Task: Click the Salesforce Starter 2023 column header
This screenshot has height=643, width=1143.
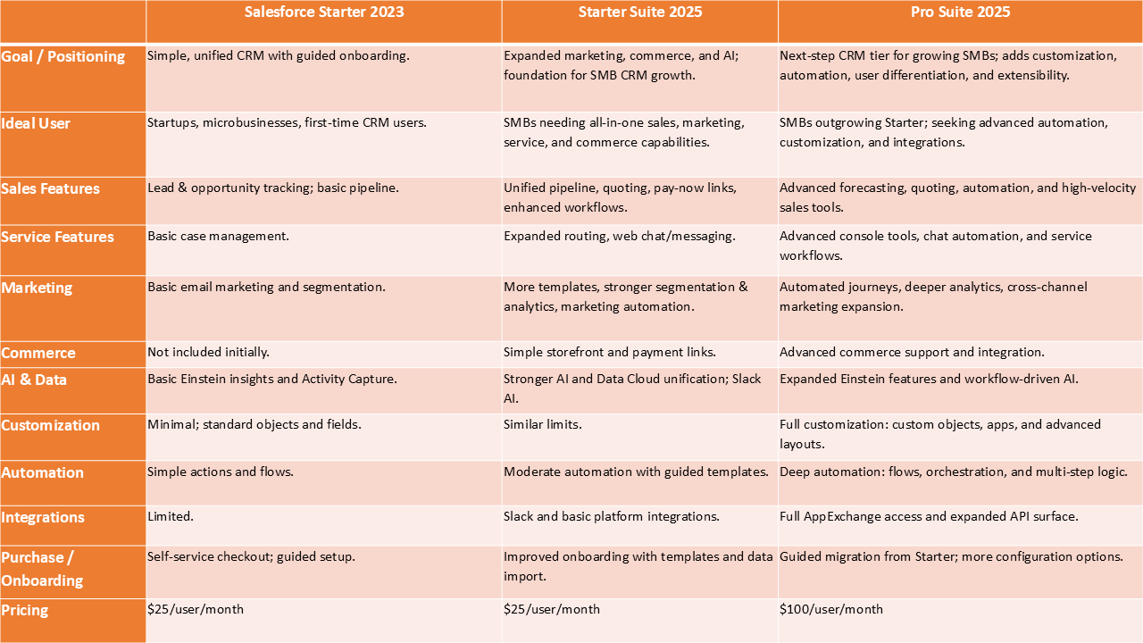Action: pyautogui.click(x=324, y=13)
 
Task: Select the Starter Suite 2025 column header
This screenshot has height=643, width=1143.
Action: pyautogui.click(x=639, y=13)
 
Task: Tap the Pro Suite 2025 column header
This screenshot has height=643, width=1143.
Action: pyautogui.click(x=960, y=13)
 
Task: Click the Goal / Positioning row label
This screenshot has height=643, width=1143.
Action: pyautogui.click(x=63, y=57)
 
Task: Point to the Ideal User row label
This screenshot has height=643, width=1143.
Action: pyautogui.click(x=36, y=123)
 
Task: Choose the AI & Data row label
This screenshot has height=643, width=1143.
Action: pyautogui.click(x=34, y=380)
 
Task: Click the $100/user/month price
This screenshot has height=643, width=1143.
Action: pyautogui.click(x=831, y=609)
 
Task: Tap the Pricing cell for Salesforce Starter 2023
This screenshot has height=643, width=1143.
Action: pyautogui.click(x=196, y=609)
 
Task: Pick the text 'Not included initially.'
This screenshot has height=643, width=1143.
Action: pyautogui.click(x=208, y=353)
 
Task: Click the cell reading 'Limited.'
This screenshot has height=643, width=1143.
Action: pyautogui.click(x=171, y=517)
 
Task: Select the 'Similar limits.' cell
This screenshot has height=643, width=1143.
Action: pyautogui.click(x=543, y=425)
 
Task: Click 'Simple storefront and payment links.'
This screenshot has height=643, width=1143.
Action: pyautogui.click(x=610, y=353)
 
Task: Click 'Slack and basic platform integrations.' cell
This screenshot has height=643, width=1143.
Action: pyautogui.click(x=612, y=517)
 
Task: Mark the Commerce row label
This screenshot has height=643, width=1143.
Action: pyautogui.click(x=38, y=354)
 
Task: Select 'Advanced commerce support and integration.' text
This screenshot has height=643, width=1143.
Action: pyautogui.click(x=912, y=353)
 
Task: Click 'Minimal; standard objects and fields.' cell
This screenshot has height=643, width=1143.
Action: pyautogui.click(x=254, y=425)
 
